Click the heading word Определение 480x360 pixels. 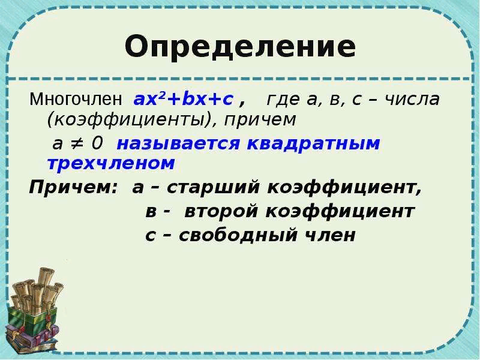240,46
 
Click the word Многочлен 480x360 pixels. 76,98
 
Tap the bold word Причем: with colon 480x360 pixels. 73,188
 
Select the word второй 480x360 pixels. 218,211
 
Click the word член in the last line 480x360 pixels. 329,235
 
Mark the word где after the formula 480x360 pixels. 282,98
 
